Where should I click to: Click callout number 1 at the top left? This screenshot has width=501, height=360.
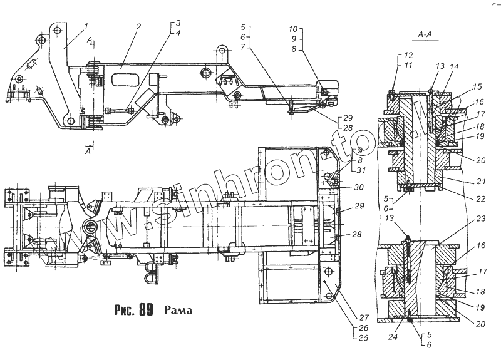(x=86, y=26)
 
